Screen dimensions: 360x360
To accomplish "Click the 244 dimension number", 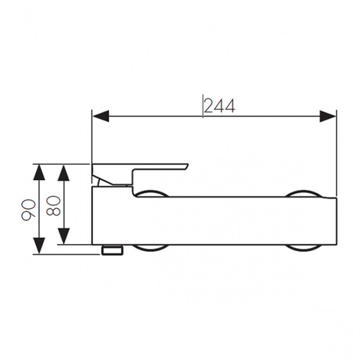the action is [x=220, y=106].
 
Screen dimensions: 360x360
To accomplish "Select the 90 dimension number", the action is [x=28, y=210].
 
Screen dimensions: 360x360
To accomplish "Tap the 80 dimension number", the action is [x=53, y=205].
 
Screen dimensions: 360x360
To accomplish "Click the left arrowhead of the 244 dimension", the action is [x=100, y=116].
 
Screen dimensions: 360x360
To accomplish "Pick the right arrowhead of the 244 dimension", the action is [x=328, y=116].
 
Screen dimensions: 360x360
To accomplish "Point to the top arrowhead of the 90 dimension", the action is [x=39, y=172].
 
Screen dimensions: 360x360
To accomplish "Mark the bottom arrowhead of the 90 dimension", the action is [x=39, y=246].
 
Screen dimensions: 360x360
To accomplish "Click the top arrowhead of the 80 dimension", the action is [x=64, y=172].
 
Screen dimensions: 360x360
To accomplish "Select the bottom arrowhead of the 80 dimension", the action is [x=64, y=236].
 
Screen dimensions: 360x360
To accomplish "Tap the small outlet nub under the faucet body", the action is [x=112, y=250].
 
